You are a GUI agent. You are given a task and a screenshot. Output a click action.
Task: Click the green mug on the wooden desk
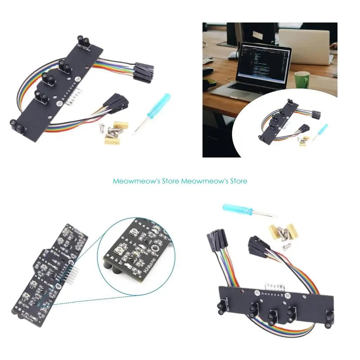[x=302, y=79]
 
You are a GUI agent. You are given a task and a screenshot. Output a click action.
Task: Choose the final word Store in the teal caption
[x=238, y=181]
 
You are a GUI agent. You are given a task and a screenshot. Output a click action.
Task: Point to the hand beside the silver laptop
[x=334, y=46]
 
